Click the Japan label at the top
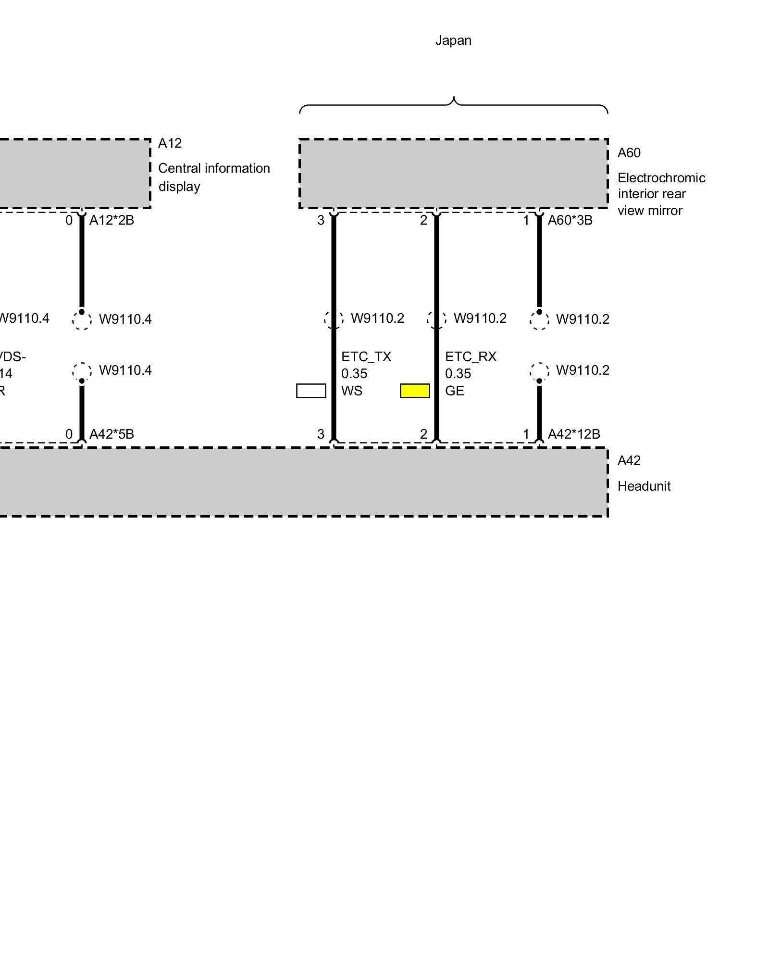(453, 40)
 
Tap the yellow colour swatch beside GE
(415, 391)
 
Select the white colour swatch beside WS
(311, 391)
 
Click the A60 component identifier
(629, 153)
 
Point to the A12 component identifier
(170, 143)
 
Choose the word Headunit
(644, 486)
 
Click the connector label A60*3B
(570, 220)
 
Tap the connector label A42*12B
(574, 434)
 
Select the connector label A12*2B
(112, 220)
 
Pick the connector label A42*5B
(112, 434)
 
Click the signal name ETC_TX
(366, 357)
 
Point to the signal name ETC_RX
(471, 357)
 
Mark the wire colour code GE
(454, 391)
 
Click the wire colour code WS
(351, 391)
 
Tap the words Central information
(214, 168)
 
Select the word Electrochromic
(661, 178)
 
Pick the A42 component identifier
(629, 461)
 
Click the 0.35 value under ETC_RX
(458, 374)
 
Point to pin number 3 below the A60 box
(321, 220)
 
